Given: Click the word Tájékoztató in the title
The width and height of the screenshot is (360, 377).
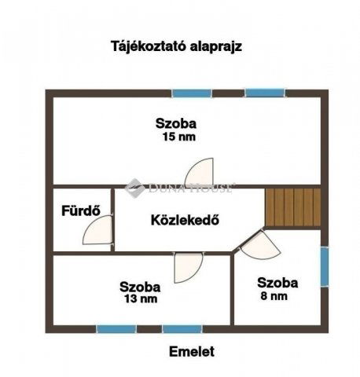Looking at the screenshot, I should pos(145,46).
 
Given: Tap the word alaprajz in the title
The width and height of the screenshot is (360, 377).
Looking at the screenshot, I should pos(213,46).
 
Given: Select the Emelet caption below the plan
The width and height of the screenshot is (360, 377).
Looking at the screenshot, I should pos(192,352).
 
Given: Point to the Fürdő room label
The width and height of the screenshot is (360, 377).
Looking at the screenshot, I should pos(79,210).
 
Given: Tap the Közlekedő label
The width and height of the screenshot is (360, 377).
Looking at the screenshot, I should pos(184,220).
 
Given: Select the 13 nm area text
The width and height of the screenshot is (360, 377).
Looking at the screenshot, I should pos(140,299).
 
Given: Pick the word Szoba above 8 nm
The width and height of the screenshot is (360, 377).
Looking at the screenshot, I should pos(277,283).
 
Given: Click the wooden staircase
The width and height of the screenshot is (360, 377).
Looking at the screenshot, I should pos(292,207).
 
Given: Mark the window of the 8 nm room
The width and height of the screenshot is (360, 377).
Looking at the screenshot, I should pos(324,267).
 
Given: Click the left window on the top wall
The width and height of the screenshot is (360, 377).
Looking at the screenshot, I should pos(193,93).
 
